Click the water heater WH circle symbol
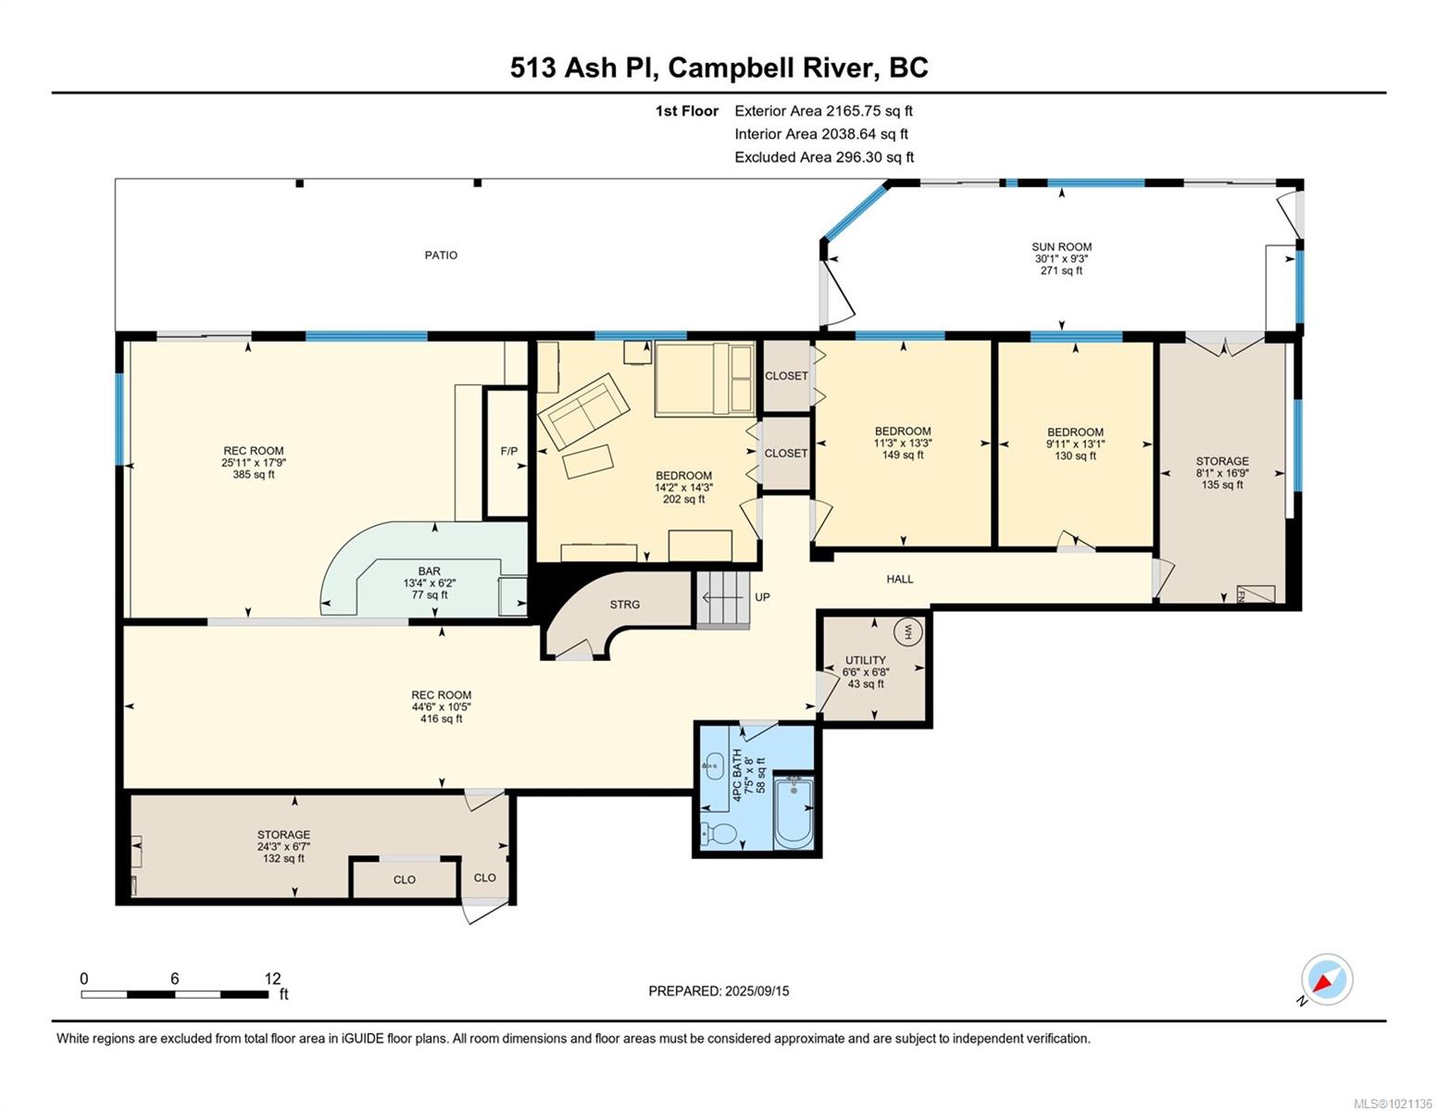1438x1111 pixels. pos(905,630)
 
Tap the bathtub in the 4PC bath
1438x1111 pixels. pos(793,811)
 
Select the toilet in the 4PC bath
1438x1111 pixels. pos(719,833)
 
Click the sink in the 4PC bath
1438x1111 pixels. pos(713,768)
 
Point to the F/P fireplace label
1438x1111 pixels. pos(509,451)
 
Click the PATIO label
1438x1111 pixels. pos(441,255)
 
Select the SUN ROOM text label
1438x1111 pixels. pos(1061,247)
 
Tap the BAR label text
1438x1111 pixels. pos(429,571)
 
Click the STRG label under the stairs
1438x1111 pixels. pos(625,605)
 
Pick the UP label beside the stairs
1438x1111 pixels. pos(762,597)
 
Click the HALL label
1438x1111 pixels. pos(900,579)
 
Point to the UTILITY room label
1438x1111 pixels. pos(866,660)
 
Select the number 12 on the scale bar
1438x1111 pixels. pos(272,979)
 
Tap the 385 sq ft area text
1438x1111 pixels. pos(254,474)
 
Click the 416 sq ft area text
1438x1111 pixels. pos(441,718)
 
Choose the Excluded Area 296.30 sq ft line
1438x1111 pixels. pos(824,157)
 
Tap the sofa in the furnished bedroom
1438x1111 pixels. pos(583,411)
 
